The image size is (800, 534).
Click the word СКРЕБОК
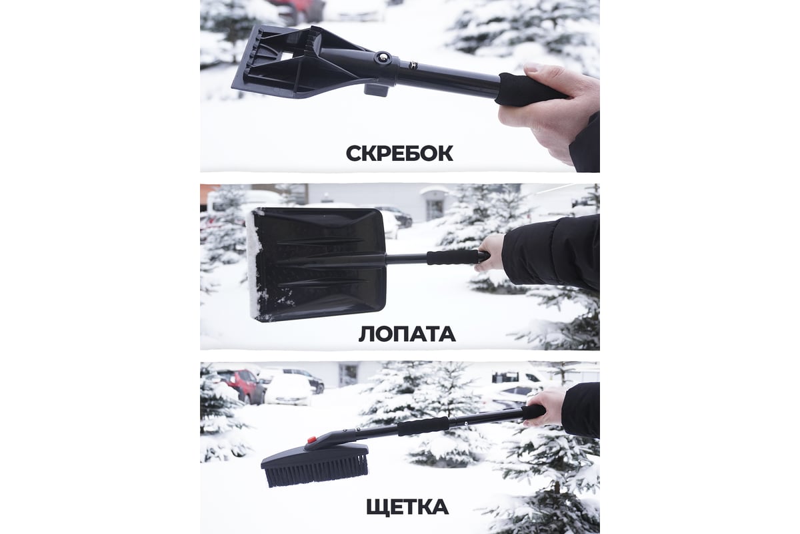(399, 154)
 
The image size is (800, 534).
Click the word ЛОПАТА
(407, 334)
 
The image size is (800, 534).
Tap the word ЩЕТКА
(407, 507)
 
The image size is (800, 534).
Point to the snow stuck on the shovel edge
(254, 265)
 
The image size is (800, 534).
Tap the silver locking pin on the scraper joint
(383, 57)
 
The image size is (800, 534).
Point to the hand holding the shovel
(491, 252)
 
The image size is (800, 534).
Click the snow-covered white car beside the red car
(289, 390)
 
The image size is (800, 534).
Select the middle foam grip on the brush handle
(423, 427)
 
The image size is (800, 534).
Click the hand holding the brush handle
(547, 407)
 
